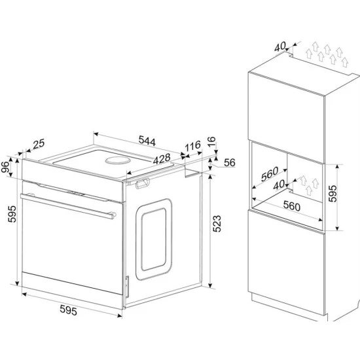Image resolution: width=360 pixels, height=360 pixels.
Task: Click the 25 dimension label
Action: tap(39, 143)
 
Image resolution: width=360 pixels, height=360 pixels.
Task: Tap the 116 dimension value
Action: tap(191, 147)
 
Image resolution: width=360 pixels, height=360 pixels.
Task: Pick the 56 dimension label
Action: tap(230, 164)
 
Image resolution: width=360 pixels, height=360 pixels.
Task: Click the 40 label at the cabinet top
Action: tap(281, 46)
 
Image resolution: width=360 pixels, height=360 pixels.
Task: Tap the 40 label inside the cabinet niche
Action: tap(280, 187)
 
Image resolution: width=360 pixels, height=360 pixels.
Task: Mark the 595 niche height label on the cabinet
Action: tap(332, 194)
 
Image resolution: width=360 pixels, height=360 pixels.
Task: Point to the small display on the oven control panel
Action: tap(76, 192)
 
